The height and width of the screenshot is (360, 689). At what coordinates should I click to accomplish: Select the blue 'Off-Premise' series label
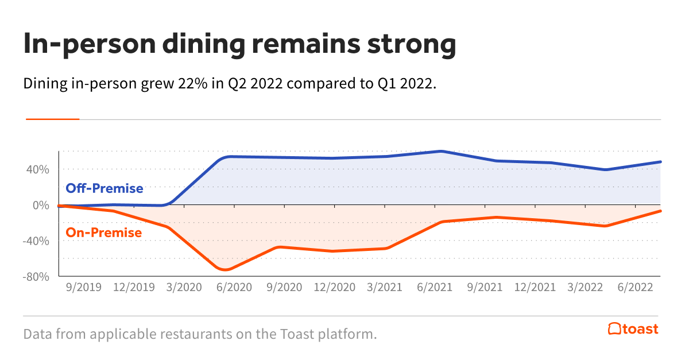[104, 188]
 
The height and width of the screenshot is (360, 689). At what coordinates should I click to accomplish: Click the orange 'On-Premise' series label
[104, 233]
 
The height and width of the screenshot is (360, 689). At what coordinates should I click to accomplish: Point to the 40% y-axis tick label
[37, 169]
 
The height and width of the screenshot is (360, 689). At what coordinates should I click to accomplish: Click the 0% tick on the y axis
[41, 205]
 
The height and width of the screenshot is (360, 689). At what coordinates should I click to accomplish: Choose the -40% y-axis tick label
[36, 241]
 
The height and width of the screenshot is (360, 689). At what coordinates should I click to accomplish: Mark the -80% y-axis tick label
[36, 276]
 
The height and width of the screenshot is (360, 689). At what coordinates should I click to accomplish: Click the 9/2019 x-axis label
[84, 287]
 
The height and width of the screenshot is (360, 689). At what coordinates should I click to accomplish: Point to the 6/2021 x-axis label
[433, 287]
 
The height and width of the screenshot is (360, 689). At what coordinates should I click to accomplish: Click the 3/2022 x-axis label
[585, 287]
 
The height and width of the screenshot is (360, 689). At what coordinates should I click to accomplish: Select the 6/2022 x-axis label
[634, 287]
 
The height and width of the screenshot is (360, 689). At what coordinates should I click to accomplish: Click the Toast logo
[633, 329]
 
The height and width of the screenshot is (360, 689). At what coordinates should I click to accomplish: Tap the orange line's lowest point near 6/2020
[226, 269]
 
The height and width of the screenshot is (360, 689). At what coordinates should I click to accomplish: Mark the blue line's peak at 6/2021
[441, 151]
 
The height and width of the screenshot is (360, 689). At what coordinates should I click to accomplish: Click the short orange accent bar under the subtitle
[52, 119]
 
